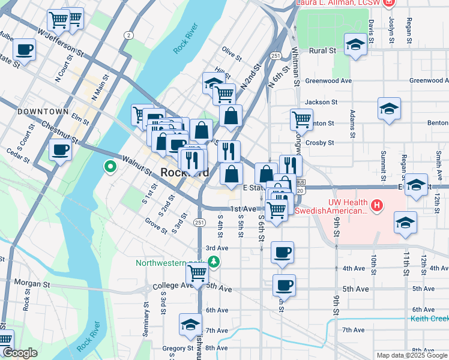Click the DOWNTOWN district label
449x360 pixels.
point(43,112)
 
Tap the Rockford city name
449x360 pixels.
point(185,172)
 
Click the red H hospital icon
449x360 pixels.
point(376,206)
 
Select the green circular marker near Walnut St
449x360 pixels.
point(110,166)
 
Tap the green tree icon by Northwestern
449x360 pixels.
point(213,262)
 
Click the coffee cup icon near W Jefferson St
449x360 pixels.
point(25,49)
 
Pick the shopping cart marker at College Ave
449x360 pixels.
point(197,273)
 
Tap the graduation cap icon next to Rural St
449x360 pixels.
point(355,44)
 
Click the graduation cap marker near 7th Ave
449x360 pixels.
point(191,325)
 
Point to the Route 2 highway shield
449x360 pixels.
point(128,35)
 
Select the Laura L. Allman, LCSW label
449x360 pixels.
point(339,3)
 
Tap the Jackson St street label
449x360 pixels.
point(319,103)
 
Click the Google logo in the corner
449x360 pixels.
point(20,353)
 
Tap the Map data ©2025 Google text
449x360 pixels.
point(411,355)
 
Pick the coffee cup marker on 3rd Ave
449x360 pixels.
point(282,252)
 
